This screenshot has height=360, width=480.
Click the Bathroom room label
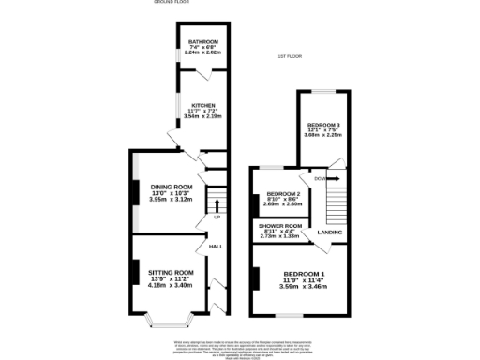tap(202, 42)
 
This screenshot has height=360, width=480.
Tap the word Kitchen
tap(203, 105)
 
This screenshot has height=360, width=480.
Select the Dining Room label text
tap(171, 187)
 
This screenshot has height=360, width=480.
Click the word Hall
tap(215, 247)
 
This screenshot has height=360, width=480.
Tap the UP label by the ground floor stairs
tap(217, 217)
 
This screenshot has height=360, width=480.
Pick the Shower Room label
tap(279, 226)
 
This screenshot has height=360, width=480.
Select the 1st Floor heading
tap(288, 57)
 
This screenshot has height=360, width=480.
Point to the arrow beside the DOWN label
tap(333, 178)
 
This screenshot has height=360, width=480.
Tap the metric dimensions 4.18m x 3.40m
tap(171, 285)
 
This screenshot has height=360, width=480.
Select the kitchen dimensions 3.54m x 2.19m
tap(203, 116)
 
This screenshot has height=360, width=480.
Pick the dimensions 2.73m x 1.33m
tap(279, 236)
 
